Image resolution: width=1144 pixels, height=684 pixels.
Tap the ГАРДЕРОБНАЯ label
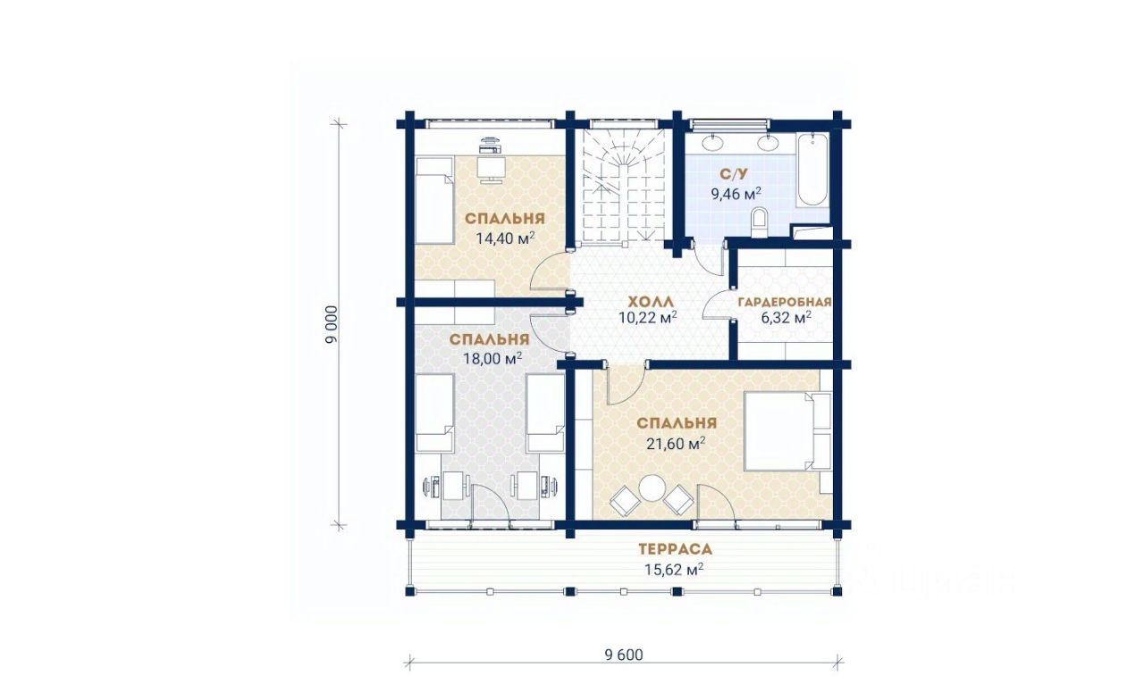click(x=785, y=302)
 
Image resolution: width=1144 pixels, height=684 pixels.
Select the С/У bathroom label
click(x=734, y=175)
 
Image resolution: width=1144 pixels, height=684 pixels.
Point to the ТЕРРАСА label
click(x=675, y=549)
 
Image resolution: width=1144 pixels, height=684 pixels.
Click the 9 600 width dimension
click(x=624, y=655)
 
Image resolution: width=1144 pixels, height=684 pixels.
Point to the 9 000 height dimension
click(x=332, y=325)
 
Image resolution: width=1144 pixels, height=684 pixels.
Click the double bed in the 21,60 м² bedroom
click(x=787, y=430)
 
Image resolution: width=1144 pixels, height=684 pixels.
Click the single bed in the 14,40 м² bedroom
click(x=434, y=201)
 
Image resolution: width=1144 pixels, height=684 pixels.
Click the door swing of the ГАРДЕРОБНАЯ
click(x=716, y=304)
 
